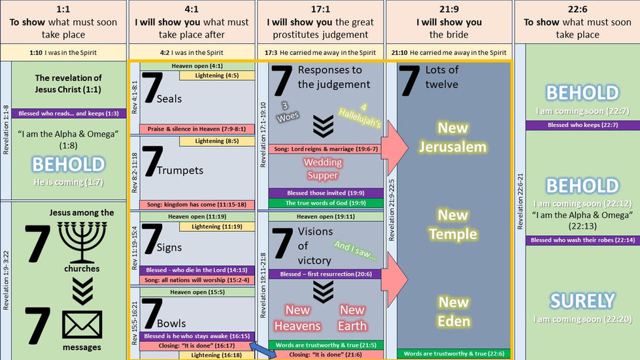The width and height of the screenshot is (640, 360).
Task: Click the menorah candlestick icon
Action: (x=82, y=241)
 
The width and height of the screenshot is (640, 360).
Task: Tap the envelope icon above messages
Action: (x=82, y=325)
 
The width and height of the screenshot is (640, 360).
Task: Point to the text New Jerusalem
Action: (x=453, y=137)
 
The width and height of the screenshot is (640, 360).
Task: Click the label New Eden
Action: (x=453, y=312)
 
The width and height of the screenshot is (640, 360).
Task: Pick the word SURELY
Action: (x=582, y=301)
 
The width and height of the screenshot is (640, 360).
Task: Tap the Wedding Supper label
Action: (x=323, y=169)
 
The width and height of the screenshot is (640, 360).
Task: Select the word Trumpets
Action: (x=180, y=171)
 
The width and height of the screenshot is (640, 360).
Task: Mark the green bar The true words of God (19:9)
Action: (x=325, y=203)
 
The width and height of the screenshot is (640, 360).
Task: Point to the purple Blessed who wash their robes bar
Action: (x=582, y=240)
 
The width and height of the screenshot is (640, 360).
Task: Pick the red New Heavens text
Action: (x=297, y=318)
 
